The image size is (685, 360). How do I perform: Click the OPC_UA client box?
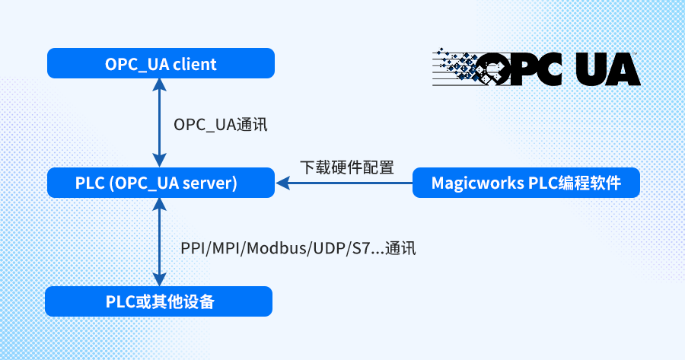coord(161,63)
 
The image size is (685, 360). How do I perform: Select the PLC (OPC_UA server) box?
coord(161,183)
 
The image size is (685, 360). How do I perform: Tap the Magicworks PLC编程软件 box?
coord(526,183)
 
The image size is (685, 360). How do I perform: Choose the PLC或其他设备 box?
coord(158,301)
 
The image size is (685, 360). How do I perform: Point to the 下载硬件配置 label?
coord(346,167)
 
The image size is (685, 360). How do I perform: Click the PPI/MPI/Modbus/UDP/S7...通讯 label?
coord(298,248)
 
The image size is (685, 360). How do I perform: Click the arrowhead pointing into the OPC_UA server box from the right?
coord(282,183)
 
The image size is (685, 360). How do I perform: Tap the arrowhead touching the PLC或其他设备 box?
coord(159,280)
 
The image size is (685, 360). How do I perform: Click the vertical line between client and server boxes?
coord(159,123)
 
